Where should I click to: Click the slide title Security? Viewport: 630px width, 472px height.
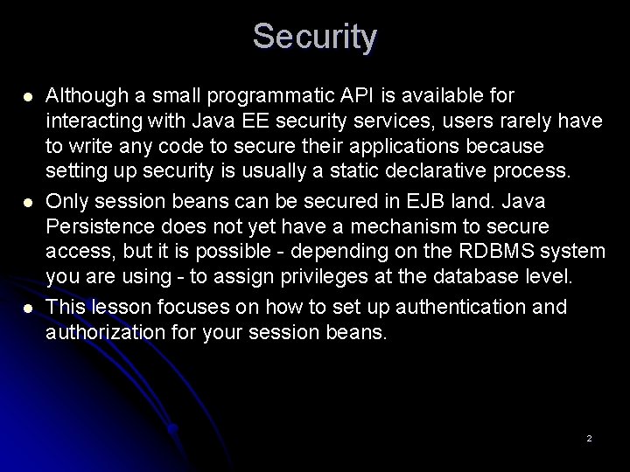click(x=315, y=37)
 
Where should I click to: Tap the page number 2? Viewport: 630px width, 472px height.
click(x=589, y=437)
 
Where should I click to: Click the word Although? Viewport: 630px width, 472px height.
click(x=81, y=94)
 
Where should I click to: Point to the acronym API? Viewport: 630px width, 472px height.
click(x=337, y=94)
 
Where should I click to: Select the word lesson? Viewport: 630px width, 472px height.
click(x=110, y=308)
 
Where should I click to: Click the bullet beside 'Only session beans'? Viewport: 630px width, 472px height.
click(x=29, y=202)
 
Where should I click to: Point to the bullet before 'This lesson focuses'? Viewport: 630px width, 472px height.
click(x=29, y=309)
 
